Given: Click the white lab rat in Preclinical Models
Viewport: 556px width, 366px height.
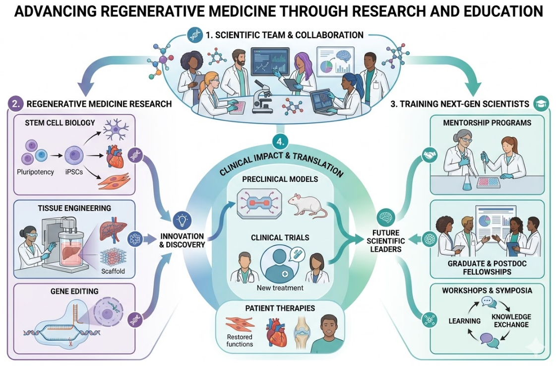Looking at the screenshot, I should pyautogui.click(x=308, y=205).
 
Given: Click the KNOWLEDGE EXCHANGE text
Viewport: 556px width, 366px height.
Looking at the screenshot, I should pyautogui.click(x=511, y=321).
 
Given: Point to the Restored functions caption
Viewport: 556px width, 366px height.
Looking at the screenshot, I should pyautogui.click(x=240, y=340).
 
